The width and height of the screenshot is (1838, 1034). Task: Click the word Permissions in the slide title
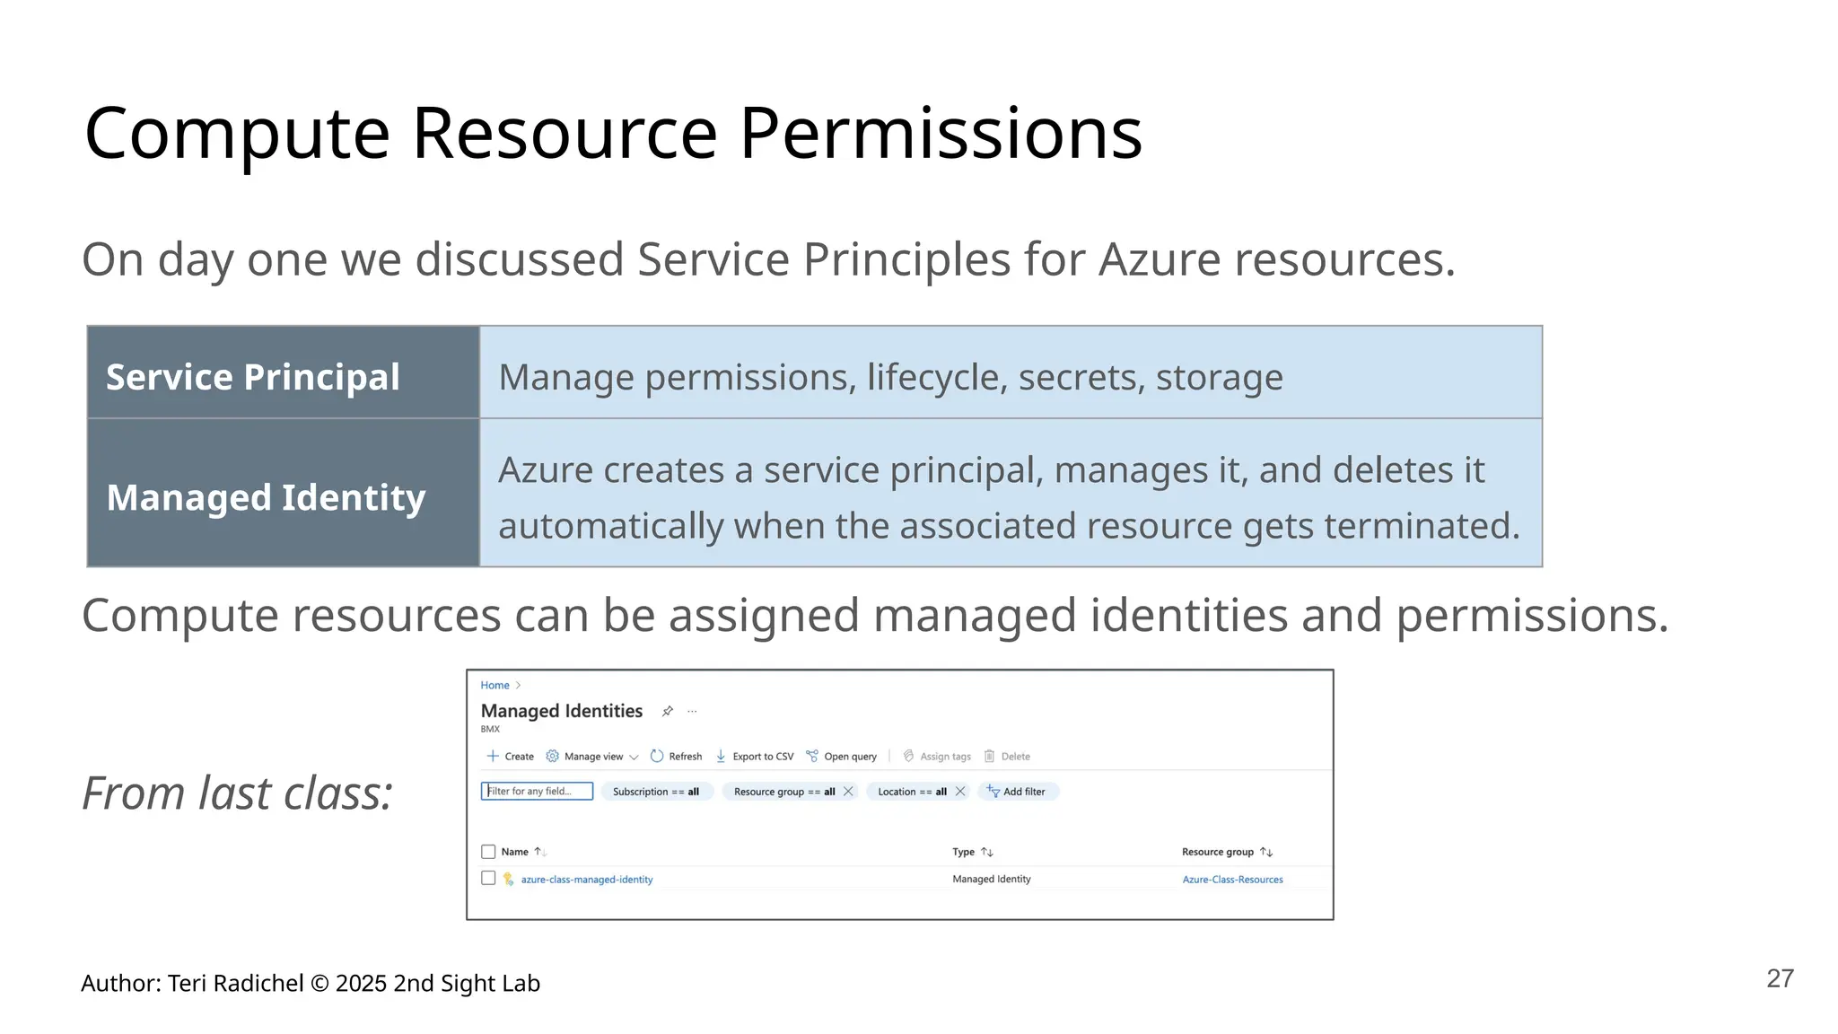(x=941, y=135)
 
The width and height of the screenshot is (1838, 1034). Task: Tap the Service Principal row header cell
(x=283, y=376)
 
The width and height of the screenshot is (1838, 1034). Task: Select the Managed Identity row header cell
(x=283, y=496)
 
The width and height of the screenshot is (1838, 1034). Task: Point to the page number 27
(x=1780, y=978)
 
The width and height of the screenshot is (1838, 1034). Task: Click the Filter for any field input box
(x=537, y=791)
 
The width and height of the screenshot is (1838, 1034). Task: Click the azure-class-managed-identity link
(x=587, y=880)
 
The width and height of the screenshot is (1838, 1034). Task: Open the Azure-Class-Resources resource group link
(x=1232, y=880)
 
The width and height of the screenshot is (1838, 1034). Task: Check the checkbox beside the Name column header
(x=488, y=852)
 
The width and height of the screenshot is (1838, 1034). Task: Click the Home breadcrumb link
(x=495, y=685)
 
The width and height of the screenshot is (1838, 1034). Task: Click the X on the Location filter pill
(x=960, y=791)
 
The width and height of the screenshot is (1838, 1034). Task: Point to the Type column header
(x=963, y=852)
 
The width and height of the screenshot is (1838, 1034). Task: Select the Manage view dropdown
(x=592, y=757)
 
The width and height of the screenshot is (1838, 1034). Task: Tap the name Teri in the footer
(x=187, y=984)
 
